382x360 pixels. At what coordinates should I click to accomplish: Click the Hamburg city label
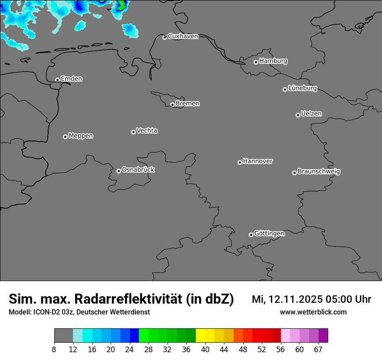[x=273, y=61]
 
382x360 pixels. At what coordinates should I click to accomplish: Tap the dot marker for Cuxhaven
[x=165, y=38]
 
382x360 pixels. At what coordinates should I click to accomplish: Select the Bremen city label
[x=188, y=104]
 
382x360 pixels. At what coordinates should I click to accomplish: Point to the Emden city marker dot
[x=57, y=80]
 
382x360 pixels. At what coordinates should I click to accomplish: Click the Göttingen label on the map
[x=269, y=234]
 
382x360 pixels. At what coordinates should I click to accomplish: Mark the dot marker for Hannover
[x=240, y=163]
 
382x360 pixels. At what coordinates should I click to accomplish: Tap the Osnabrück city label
[x=138, y=170]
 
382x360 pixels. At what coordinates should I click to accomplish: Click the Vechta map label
[x=147, y=131]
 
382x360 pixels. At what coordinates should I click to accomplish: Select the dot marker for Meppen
[x=65, y=137]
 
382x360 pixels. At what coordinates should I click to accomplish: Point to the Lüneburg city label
[x=303, y=88]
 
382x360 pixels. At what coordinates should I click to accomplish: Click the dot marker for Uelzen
[x=298, y=115]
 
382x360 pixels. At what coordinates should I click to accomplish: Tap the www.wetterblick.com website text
[x=313, y=312]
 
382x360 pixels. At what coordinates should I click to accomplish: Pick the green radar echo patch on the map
[x=122, y=5]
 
